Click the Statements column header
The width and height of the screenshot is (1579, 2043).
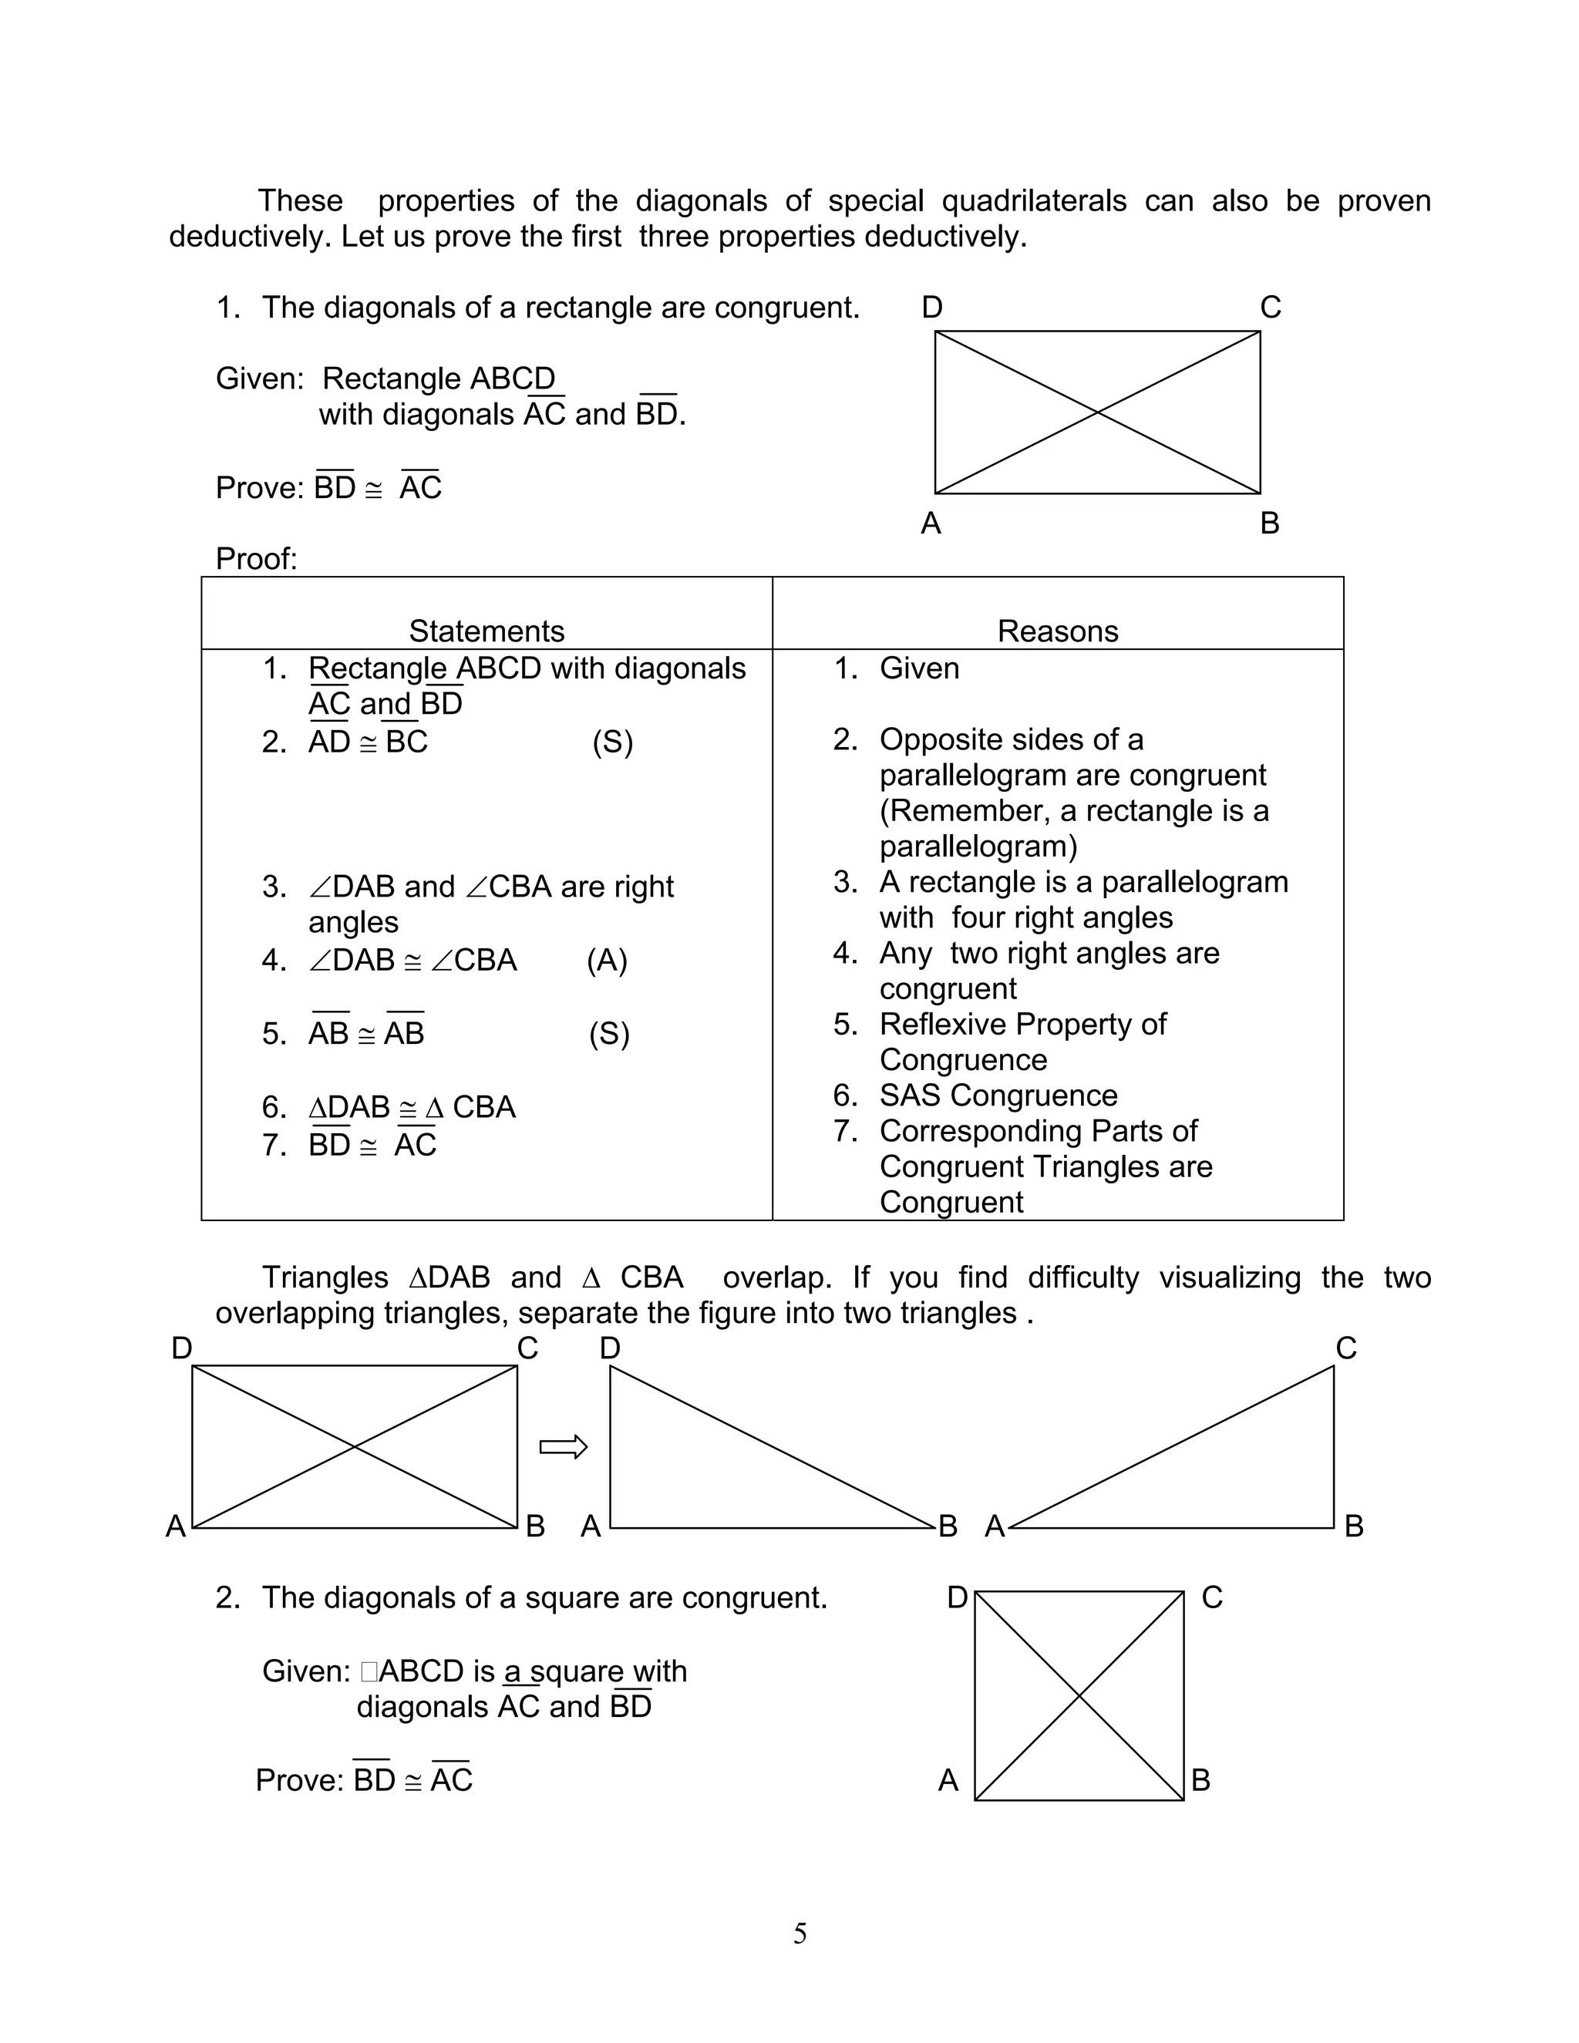(x=486, y=631)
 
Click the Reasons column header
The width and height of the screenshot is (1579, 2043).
(x=1057, y=631)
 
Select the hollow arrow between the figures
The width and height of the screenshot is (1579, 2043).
(x=563, y=1447)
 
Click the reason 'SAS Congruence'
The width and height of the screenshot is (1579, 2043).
(x=998, y=1095)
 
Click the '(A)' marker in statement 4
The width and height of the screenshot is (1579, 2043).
(x=607, y=960)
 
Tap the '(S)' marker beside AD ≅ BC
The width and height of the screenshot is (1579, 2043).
(x=613, y=742)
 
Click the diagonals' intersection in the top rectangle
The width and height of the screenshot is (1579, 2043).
(x=1097, y=412)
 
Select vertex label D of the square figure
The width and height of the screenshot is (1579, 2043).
(x=957, y=1597)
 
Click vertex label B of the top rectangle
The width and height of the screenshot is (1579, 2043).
(x=1269, y=522)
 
